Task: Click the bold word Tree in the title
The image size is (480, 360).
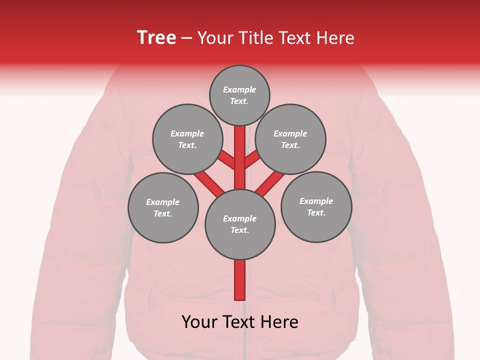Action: [156, 37]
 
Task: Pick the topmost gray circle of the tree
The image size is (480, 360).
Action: [239, 95]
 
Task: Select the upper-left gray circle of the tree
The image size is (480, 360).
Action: [187, 139]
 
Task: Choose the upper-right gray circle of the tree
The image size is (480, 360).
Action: [290, 139]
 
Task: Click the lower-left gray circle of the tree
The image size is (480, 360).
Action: [163, 207]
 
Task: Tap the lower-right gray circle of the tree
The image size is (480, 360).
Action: [316, 206]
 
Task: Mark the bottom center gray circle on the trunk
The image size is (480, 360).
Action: [240, 224]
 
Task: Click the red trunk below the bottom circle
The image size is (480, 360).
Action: [240, 280]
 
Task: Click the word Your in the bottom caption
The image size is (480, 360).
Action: [200, 322]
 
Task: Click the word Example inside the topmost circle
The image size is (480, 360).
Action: [239, 89]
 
